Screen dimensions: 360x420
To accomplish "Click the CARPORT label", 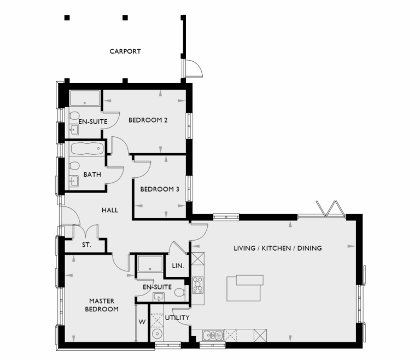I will (125, 51).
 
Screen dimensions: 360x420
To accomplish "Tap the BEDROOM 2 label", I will (148, 120).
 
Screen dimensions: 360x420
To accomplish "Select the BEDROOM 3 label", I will (160, 190).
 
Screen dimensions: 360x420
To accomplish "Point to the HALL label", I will (110, 210).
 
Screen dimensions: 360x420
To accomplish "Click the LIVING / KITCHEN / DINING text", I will (277, 248).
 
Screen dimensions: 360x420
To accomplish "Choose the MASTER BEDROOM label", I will (103, 305).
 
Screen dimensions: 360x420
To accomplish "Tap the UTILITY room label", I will (177, 318).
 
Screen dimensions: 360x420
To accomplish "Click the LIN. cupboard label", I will (178, 266).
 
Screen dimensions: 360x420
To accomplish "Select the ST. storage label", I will (86, 245).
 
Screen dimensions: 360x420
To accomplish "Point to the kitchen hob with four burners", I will (198, 286).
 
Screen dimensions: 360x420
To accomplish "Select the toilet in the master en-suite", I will (179, 293).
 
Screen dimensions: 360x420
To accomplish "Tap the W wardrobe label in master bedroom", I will (141, 322).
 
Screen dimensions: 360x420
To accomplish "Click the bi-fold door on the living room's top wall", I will (329, 210).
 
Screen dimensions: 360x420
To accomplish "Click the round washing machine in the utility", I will (157, 334).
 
